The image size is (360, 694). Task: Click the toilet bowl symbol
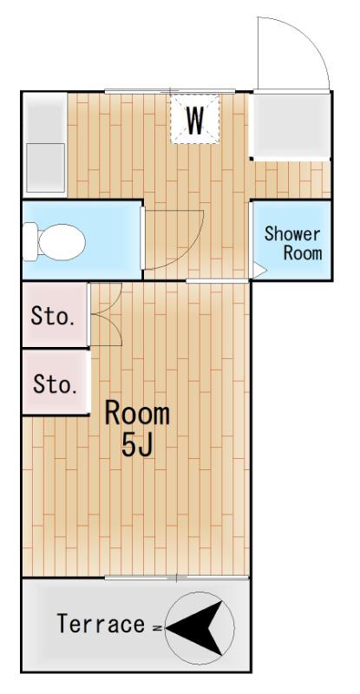62,242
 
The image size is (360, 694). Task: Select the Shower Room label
293,244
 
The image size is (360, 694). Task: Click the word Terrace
101,624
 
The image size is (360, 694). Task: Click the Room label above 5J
137,414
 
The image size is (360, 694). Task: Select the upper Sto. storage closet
54,315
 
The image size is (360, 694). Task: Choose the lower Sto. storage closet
55,383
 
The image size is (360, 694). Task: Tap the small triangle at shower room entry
259,271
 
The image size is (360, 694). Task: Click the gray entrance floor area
291,126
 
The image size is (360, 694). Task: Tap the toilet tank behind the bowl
29,242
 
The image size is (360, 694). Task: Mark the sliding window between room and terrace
177,578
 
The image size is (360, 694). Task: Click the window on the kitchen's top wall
170,92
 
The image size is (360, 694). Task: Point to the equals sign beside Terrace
158,627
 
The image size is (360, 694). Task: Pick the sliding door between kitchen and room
217,280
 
